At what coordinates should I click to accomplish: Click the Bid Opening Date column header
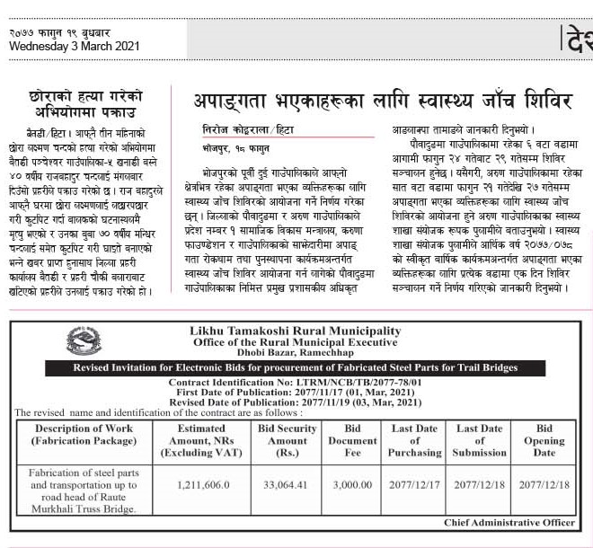coord(544,440)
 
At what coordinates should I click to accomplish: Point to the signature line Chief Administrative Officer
coord(509,522)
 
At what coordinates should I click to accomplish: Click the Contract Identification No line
coord(296,383)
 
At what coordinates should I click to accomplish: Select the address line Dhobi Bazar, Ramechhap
coord(296,355)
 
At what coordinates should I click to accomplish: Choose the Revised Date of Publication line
coord(296,402)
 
